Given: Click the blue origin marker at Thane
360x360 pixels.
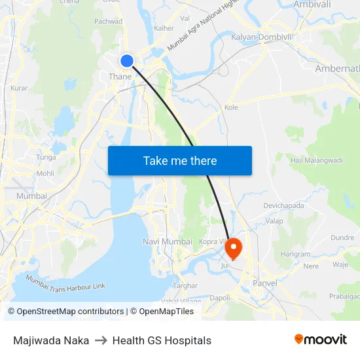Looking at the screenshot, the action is click(x=127, y=61).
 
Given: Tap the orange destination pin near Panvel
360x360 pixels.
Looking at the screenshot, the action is click(x=233, y=248).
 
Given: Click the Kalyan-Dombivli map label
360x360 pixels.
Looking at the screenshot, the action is click(x=261, y=37).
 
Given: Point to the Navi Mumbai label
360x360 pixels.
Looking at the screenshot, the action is click(x=168, y=242).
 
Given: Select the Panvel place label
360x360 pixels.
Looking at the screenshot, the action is click(x=264, y=283).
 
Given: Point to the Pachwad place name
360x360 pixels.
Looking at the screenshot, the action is click(x=108, y=21).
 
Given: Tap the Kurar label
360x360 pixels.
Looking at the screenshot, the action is click(x=19, y=87).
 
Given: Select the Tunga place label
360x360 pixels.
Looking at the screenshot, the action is click(x=46, y=157).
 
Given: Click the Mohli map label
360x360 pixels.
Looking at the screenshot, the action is click(x=45, y=173).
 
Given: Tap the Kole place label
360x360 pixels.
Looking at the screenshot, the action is click(x=231, y=107).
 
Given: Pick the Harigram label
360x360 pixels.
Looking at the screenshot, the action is click(x=295, y=254).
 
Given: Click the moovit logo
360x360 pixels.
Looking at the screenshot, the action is click(x=321, y=340).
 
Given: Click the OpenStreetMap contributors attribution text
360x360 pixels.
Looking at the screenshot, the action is click(x=66, y=312).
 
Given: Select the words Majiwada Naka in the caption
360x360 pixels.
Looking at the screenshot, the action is click(x=51, y=340).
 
